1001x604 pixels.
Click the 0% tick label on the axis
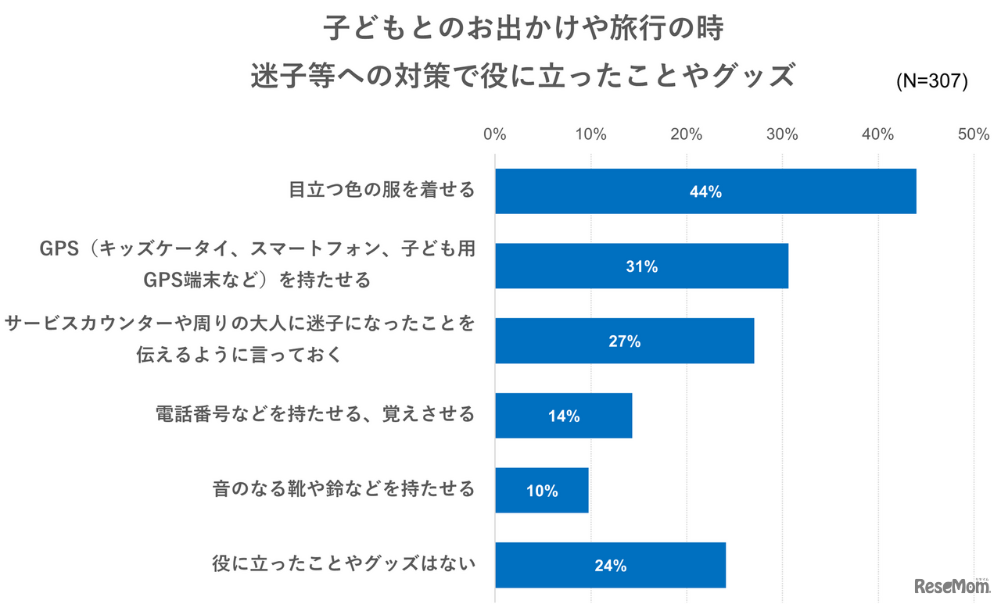click(x=495, y=134)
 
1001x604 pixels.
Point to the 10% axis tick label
click(x=591, y=134)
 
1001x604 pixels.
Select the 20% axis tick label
click(x=687, y=134)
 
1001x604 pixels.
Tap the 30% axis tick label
click(x=782, y=134)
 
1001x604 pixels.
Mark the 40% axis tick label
click(x=878, y=134)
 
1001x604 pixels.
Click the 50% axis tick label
click(x=974, y=134)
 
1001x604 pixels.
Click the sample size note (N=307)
click(x=931, y=82)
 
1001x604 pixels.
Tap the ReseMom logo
click(x=951, y=585)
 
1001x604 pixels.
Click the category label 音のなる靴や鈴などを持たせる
click(x=344, y=489)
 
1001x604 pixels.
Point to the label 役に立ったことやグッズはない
click(x=344, y=564)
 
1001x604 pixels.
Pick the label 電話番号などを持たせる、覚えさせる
click(x=316, y=414)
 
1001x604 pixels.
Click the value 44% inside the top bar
click(x=705, y=192)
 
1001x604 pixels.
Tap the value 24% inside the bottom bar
click(x=610, y=566)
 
